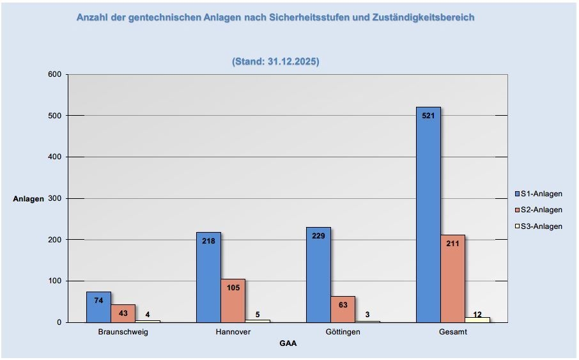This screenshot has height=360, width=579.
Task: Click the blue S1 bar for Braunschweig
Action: (x=98, y=308)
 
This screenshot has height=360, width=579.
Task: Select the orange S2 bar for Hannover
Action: (x=233, y=301)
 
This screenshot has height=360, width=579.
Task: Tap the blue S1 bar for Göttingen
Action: (x=318, y=275)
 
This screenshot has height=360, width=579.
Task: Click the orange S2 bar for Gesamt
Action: (x=452, y=281)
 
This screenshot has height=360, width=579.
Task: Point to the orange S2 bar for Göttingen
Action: (x=343, y=309)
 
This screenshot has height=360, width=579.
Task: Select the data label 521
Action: (x=428, y=116)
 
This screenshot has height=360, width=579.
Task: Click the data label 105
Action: (x=233, y=288)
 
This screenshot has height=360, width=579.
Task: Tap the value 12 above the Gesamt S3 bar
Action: (x=477, y=314)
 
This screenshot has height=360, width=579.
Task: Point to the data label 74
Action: (x=98, y=301)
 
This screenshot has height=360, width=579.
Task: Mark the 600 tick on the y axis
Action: (x=54, y=74)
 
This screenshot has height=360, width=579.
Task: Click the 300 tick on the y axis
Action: (x=54, y=198)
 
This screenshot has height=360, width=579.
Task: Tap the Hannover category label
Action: (x=233, y=332)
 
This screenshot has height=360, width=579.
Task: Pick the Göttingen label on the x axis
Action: (x=343, y=332)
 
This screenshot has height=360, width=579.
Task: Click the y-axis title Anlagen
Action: (x=29, y=199)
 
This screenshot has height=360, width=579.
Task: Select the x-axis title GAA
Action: (x=288, y=343)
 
